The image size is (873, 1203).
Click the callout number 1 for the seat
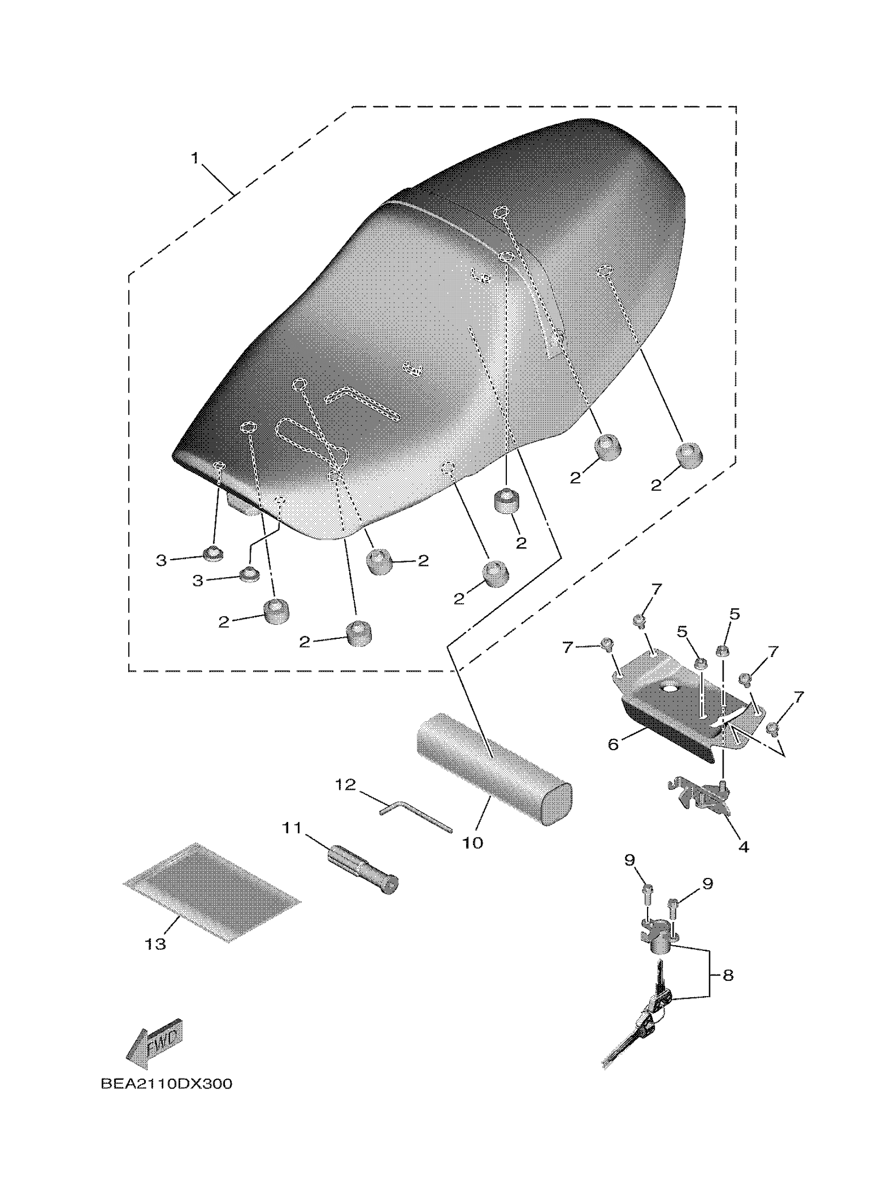tap(195, 159)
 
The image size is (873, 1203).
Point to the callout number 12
tap(345, 785)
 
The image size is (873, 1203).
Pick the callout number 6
tap(613, 744)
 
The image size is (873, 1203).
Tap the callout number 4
tap(744, 847)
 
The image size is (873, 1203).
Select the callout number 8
tap(728, 975)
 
